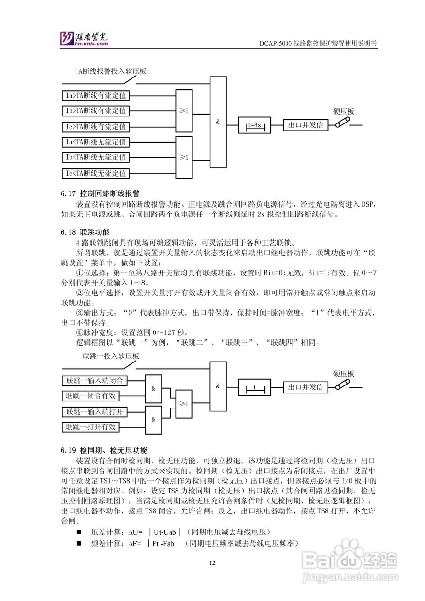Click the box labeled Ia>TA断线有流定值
coord(95,96)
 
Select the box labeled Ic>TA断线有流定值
coord(95,127)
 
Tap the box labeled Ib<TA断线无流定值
coord(95,157)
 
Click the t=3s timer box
coord(255,125)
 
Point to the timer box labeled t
coord(255,387)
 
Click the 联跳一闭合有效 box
coord(91,396)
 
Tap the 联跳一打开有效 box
coord(91,427)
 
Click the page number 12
coord(212,563)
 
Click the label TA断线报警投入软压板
coord(111,71)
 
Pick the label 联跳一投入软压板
coord(111,356)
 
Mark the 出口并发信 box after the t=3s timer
coord(305,125)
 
